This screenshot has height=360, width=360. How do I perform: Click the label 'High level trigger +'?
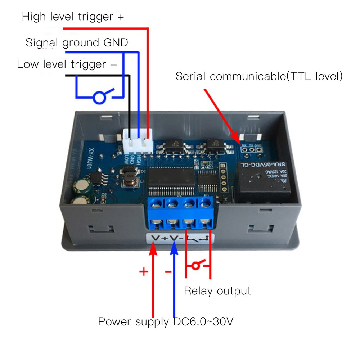point(73,17)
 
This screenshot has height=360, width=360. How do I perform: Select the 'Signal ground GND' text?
point(77,43)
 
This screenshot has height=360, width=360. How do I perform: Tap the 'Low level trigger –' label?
point(67,65)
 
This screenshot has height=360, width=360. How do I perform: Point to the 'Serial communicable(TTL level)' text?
point(259,76)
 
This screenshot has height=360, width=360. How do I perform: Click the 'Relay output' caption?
point(217,291)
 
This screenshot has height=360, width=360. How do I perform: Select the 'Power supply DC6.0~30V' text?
point(166,321)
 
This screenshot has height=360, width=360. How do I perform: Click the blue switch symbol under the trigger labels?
point(100,97)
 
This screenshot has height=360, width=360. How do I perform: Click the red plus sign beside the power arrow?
point(144,271)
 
